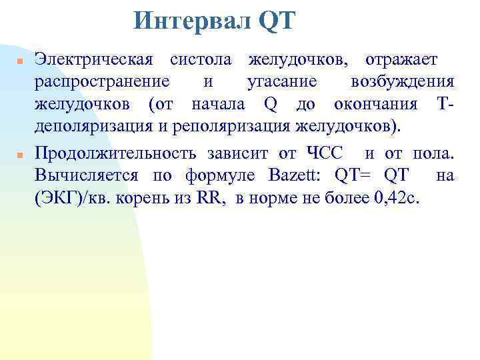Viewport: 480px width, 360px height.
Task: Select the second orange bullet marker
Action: coord(20,154)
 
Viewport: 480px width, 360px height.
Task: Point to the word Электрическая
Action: coord(94,59)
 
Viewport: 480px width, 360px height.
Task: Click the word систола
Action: coord(201,59)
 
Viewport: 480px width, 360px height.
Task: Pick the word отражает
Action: coord(401,59)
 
